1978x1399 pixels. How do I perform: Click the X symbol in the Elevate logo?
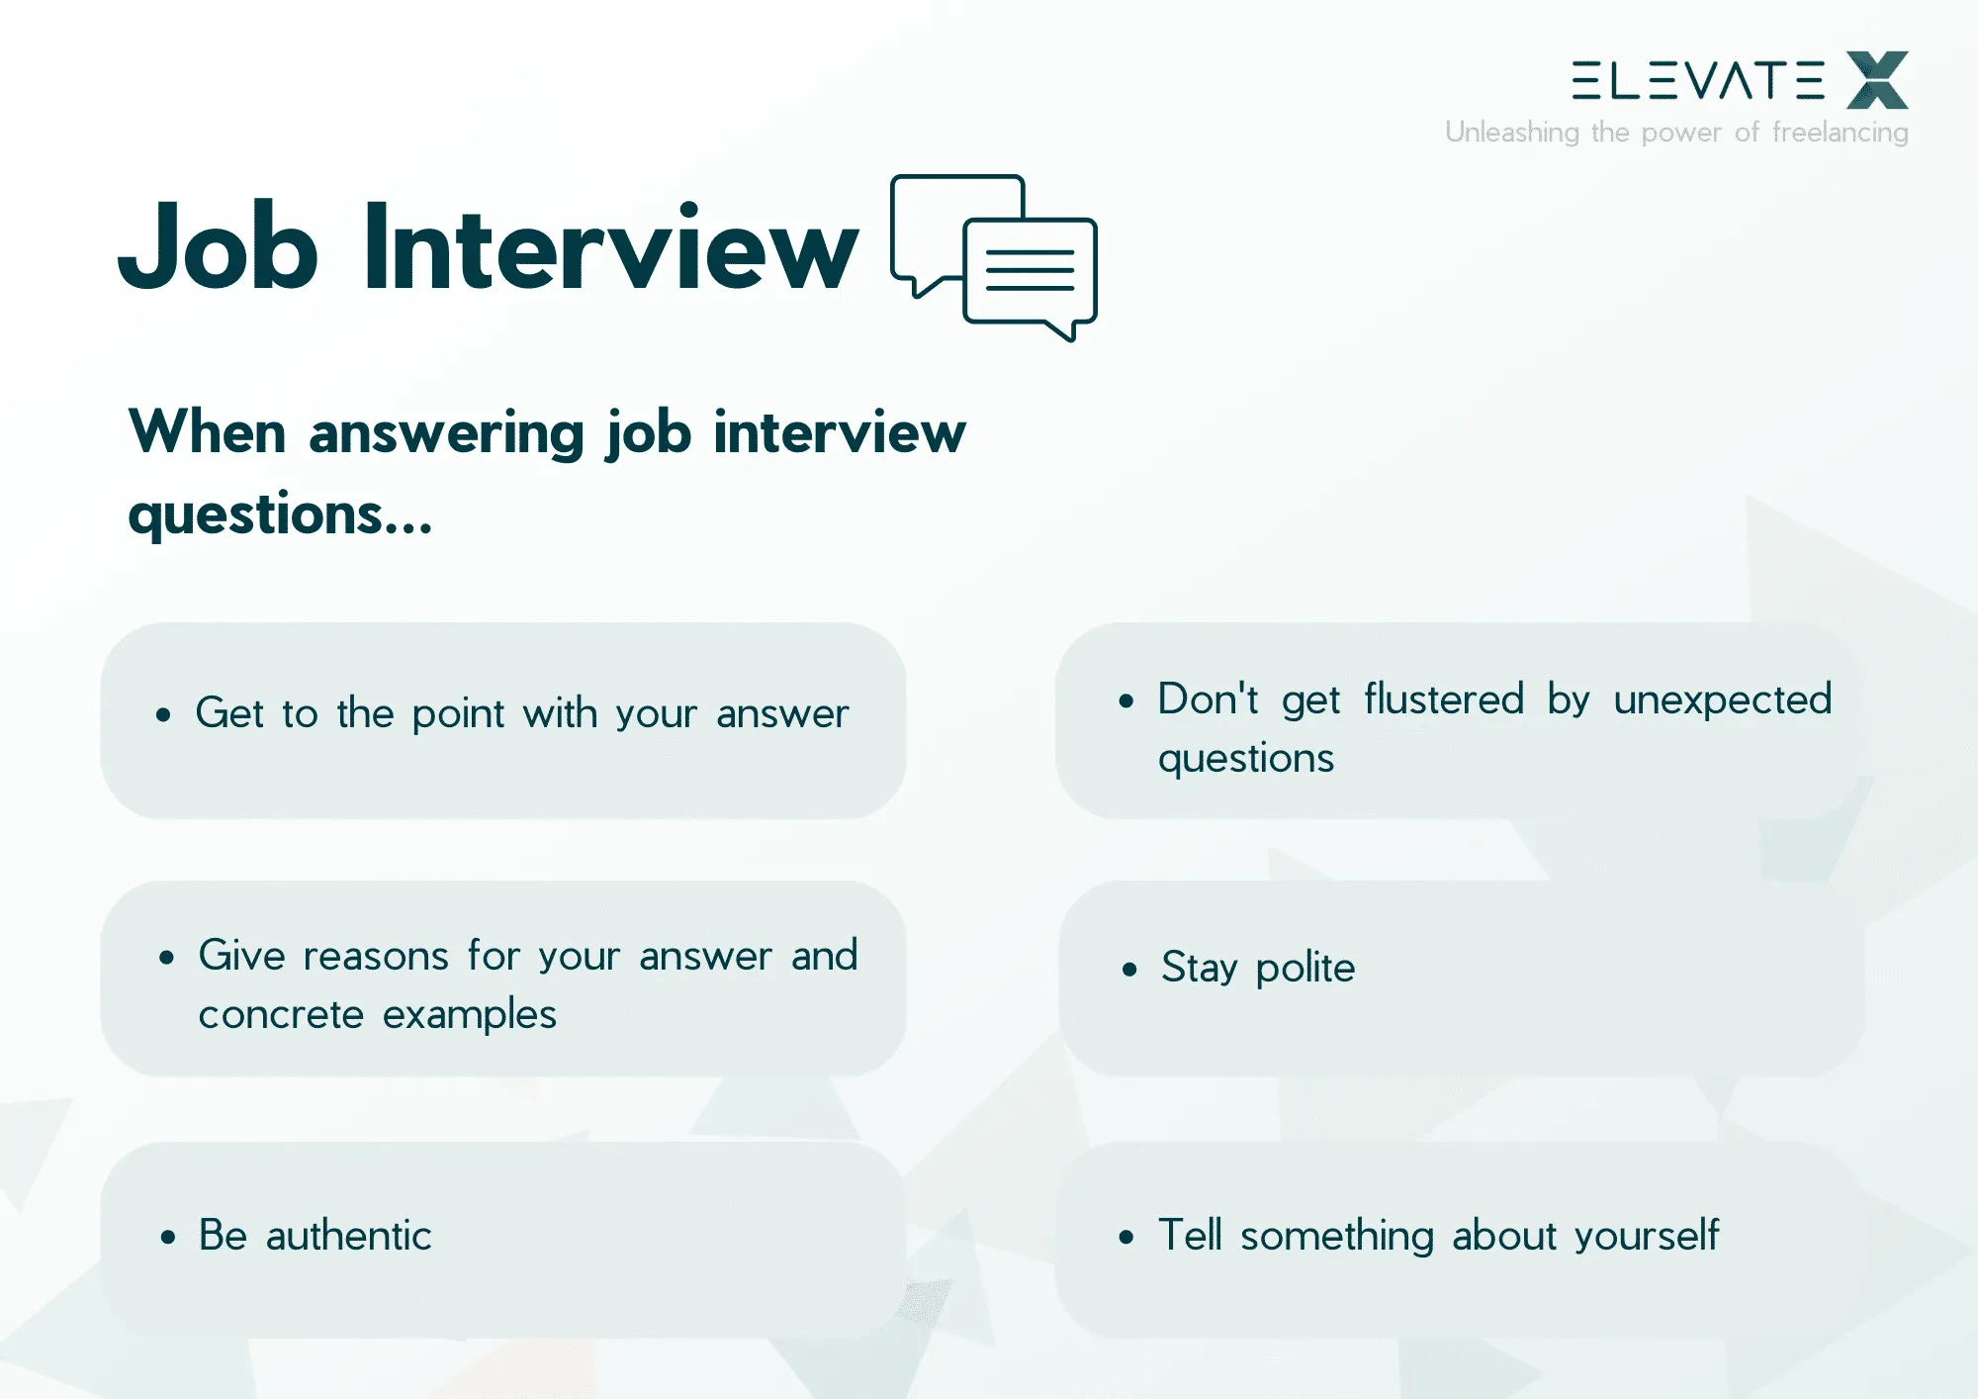pos(1876,80)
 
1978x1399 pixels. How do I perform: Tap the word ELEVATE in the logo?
pos(1697,81)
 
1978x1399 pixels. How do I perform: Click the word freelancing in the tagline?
pos(1840,132)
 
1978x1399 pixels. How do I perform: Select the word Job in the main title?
pos(219,247)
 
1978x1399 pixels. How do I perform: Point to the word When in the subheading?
pos(207,432)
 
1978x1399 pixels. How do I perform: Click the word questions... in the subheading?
pos(280,514)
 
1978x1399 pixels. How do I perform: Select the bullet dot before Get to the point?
pos(163,714)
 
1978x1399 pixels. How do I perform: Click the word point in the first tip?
pos(458,714)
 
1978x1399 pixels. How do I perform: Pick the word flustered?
pos(1444,699)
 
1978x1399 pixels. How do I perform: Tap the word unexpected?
pos(1722,699)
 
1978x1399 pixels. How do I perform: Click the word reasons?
pos(376,957)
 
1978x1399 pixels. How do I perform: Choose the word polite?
pos(1304,968)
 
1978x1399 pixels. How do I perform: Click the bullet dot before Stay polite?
pos(1129,970)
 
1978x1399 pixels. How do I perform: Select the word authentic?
pos(348,1236)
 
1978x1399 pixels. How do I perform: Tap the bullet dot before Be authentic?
pos(168,1237)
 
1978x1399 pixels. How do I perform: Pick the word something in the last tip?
pos(1336,1236)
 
